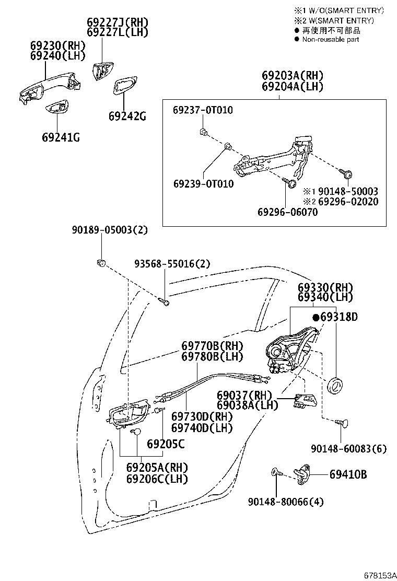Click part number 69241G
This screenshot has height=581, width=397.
(x=61, y=137)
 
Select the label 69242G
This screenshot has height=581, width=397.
(x=127, y=117)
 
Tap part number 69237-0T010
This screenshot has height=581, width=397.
(x=203, y=110)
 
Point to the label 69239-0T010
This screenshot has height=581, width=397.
(x=204, y=184)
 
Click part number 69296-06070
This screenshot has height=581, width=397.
(x=288, y=212)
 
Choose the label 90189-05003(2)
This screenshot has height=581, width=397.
(x=110, y=230)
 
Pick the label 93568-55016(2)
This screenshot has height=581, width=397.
(x=172, y=264)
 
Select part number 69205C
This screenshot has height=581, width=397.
(x=166, y=444)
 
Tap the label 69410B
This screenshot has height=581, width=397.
(x=348, y=474)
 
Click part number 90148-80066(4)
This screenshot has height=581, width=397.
(x=286, y=502)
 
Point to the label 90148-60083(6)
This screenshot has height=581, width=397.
(x=349, y=449)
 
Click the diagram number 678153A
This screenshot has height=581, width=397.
(x=380, y=575)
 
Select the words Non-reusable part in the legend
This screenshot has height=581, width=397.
(x=331, y=39)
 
